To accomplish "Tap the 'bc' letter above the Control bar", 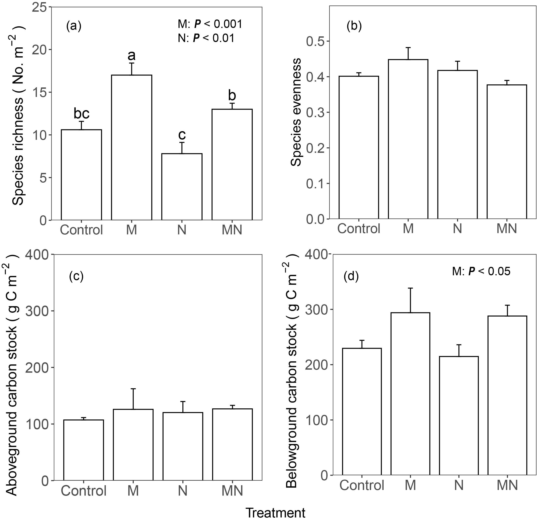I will pos(82,113).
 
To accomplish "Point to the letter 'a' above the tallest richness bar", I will pos(132,55).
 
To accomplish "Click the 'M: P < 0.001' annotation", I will pos(210,24).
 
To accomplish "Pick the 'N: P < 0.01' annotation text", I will pos(206,38).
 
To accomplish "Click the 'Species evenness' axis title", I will pos(296,112).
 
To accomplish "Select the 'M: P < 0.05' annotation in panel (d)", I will pos(481,271).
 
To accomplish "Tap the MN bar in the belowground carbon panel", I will pos(507,396).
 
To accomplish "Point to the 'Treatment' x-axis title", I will pos(275,513).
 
